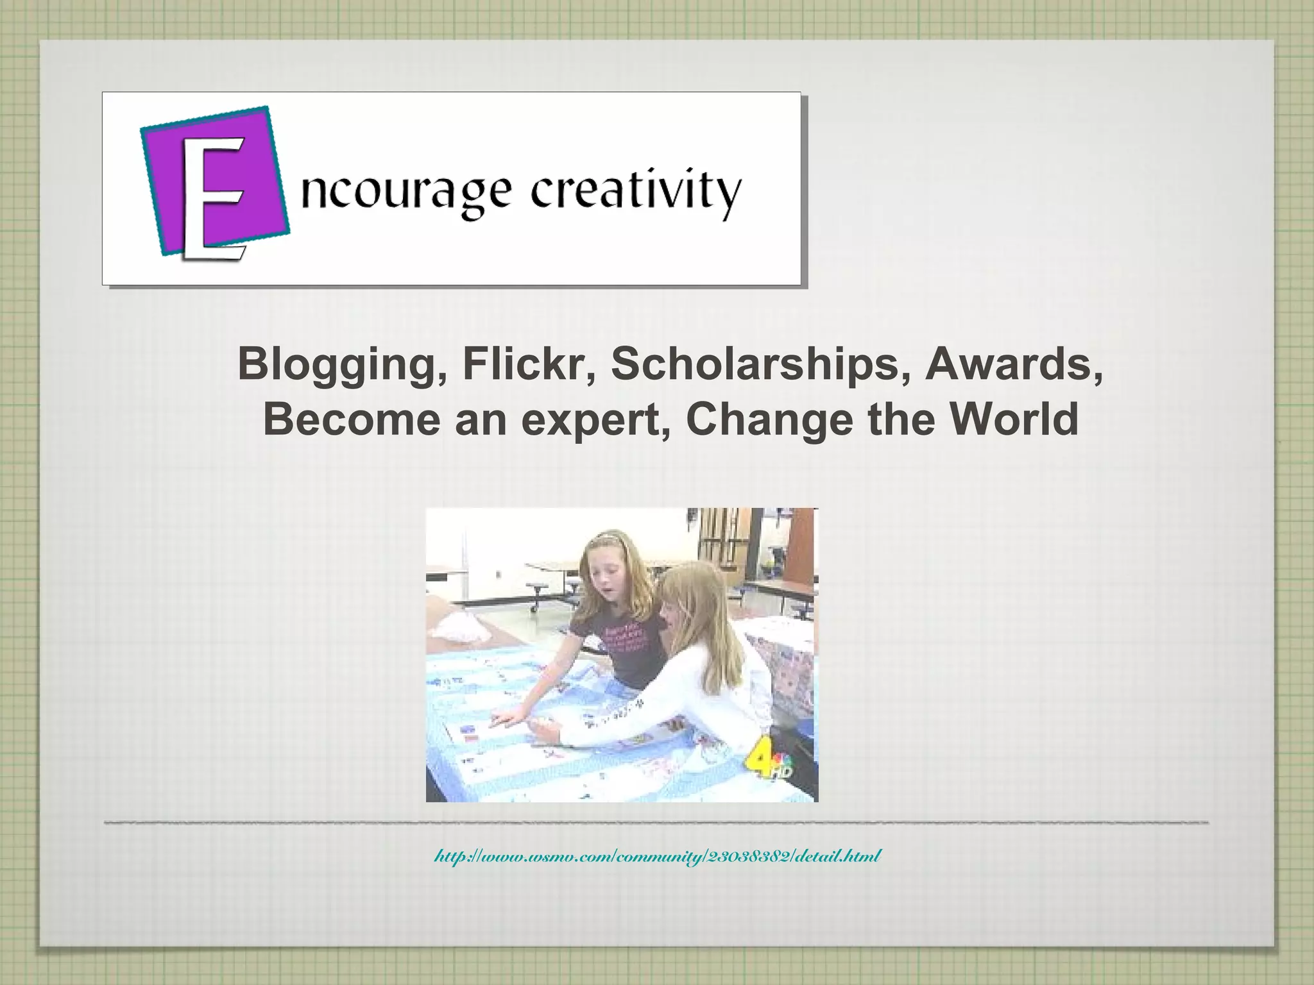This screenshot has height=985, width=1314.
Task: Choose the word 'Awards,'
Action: (1014, 365)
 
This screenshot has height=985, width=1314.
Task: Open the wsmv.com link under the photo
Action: (658, 855)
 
